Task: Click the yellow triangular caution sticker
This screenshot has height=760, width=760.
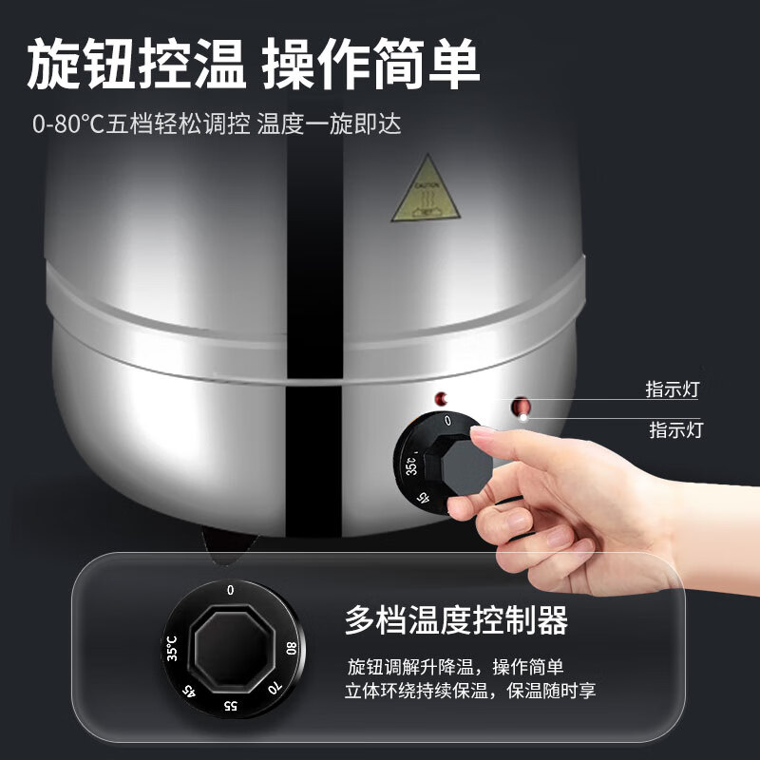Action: coord(424,190)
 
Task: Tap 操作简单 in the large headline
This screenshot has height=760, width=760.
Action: coord(371,66)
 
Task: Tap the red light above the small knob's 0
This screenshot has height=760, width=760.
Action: coord(440,397)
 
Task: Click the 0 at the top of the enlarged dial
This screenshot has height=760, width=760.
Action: coord(231,590)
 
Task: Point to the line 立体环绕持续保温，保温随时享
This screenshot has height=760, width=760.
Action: coord(470,691)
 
